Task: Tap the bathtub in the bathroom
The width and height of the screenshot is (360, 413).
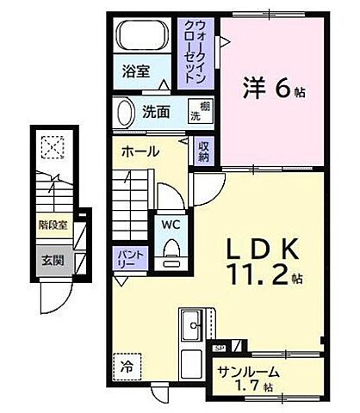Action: point(140,37)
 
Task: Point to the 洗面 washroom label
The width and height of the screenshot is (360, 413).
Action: point(156,111)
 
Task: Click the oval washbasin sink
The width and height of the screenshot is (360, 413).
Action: point(123,113)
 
